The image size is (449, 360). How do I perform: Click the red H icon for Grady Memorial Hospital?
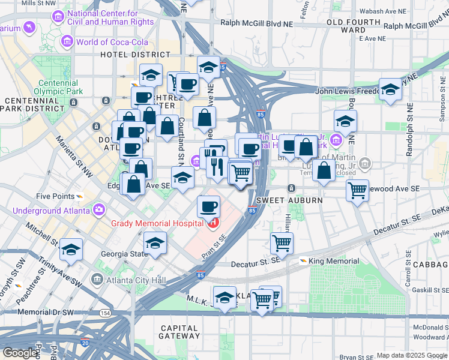pos(212,224)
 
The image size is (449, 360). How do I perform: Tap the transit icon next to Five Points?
pos(80,196)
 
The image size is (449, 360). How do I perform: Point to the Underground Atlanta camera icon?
pos(98,211)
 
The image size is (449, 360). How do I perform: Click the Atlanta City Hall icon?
pos(97,280)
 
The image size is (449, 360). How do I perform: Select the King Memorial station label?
pos(334,261)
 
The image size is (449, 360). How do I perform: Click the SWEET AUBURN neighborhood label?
pos(282,200)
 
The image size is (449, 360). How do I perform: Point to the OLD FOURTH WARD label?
pos(354,25)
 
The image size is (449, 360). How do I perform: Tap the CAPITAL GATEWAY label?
pos(179,332)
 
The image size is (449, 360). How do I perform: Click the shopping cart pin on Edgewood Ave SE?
pos(358,191)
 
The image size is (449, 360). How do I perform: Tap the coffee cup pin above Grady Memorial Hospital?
pos(208,206)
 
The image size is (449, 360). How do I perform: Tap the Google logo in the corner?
pos(19,353)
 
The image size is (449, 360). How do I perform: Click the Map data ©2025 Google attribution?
pos(412,355)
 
